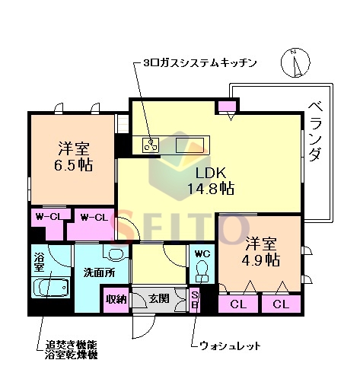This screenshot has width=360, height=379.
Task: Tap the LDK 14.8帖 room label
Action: (x=206, y=180)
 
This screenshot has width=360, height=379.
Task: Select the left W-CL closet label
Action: (x=48, y=218)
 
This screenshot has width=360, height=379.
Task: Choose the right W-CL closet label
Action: (x=94, y=218)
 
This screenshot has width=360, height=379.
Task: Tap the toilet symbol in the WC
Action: (x=202, y=270)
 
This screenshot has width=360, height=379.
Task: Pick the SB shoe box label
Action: (x=195, y=300)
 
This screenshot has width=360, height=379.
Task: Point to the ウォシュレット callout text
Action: (x=230, y=346)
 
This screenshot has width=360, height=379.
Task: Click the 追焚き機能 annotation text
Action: (x=72, y=345)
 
